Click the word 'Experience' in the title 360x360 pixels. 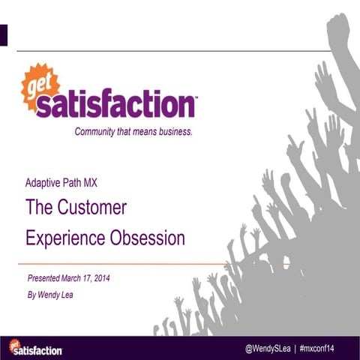59,238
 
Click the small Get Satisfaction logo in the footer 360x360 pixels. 35,347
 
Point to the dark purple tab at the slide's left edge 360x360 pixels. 4,34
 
